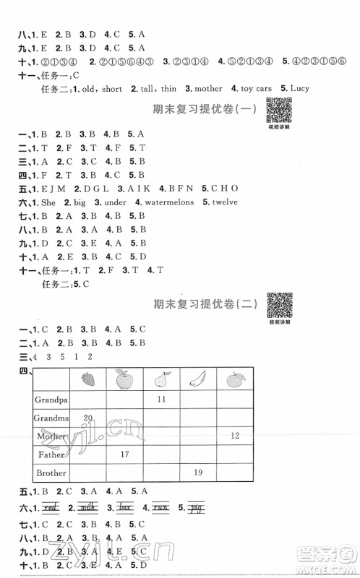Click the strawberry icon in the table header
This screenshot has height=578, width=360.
pyautogui.click(x=89, y=379)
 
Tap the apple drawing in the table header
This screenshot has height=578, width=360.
pyautogui.click(x=125, y=379)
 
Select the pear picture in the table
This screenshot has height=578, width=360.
pyautogui.click(x=160, y=379)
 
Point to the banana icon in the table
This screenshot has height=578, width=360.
pyautogui.click(x=197, y=379)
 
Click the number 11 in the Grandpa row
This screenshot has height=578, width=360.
pyautogui.click(x=160, y=399)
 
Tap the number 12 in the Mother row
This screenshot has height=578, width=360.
pyautogui.click(x=234, y=436)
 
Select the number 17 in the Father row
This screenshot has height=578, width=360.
pyautogui.click(x=124, y=454)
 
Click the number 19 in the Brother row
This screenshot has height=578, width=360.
pyautogui.click(x=197, y=473)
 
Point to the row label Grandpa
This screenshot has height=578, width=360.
pyautogui.click(x=50, y=399)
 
